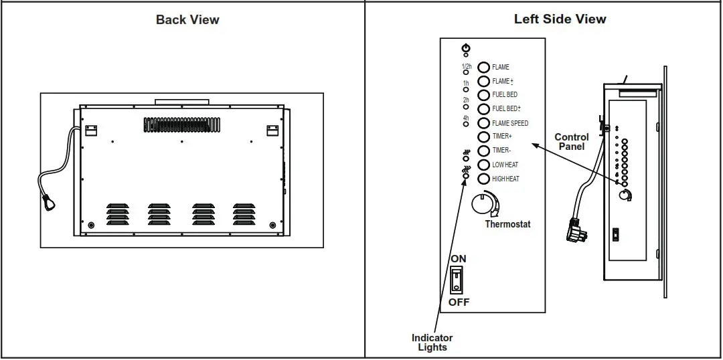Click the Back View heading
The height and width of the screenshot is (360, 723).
tap(187, 19)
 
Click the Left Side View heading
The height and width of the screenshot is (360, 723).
tap(560, 19)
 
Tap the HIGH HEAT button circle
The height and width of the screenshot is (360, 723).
tap(483, 179)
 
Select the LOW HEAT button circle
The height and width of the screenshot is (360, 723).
tap(483, 165)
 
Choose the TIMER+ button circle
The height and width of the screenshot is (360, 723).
tap(483, 137)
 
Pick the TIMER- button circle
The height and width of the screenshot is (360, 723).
tap(483, 151)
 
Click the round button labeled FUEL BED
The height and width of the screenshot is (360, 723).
tap(483, 94)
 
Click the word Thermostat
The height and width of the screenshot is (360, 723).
tap(507, 224)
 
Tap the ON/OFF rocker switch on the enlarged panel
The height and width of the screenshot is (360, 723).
tap(457, 279)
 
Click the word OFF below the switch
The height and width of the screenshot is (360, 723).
tap(459, 302)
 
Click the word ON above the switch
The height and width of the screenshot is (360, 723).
tap(459, 258)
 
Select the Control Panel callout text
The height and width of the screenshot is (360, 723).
tap(571, 142)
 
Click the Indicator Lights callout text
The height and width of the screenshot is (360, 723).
tap(432, 342)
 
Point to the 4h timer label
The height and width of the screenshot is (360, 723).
tap(465, 118)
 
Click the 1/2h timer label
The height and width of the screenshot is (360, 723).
tap(466, 66)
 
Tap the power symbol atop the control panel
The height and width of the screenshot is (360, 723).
tap(466, 48)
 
